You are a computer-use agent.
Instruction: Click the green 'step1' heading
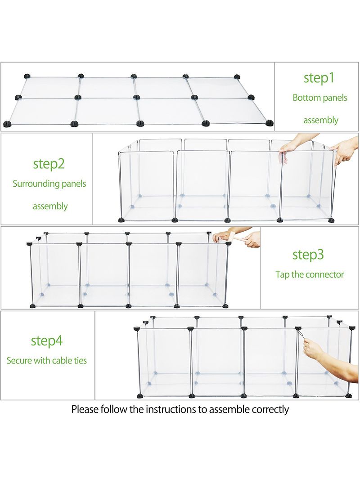[x=319, y=78]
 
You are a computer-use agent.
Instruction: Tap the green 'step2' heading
[x=49, y=164]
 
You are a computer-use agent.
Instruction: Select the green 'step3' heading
[x=308, y=255]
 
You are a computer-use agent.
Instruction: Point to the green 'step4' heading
[x=46, y=341]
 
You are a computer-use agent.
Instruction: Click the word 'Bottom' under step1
[x=307, y=98]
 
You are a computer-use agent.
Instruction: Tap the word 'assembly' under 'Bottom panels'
[x=321, y=120]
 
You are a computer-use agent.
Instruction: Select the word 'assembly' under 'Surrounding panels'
[x=50, y=206]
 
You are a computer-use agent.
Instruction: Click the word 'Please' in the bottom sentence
[x=85, y=409]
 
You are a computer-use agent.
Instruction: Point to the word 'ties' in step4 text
[x=80, y=361]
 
